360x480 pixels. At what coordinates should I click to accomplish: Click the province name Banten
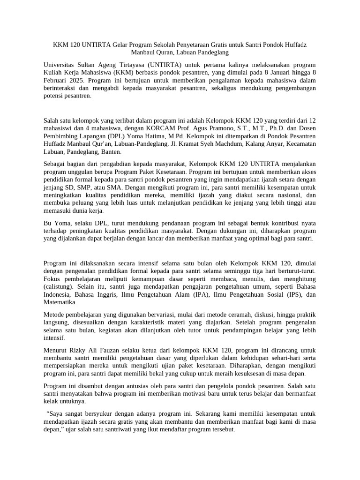(112, 152)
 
